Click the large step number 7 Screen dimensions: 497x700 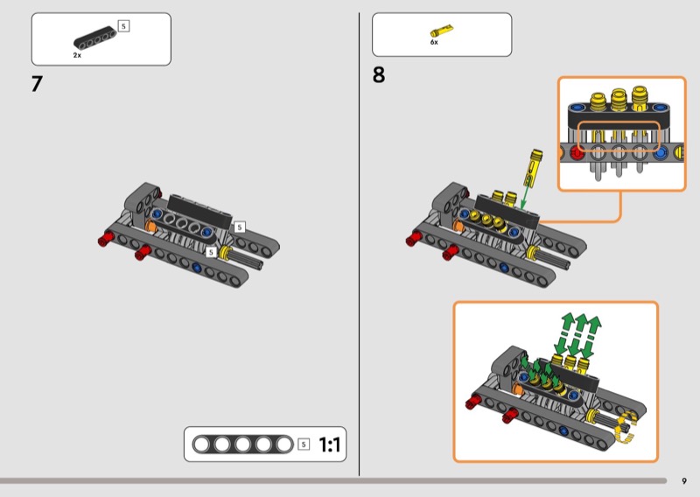pos(37,85)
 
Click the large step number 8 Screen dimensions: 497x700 pos(378,75)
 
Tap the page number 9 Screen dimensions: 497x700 pos(684,480)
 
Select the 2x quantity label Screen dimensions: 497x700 pos(77,55)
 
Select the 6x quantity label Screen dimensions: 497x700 pos(434,43)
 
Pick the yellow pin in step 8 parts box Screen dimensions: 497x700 pos(444,29)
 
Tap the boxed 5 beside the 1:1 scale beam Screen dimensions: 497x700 pos(304,444)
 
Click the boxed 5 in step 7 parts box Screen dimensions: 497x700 pos(123,26)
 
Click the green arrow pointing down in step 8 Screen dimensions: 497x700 pos(527,191)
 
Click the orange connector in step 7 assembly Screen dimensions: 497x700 pos(150,226)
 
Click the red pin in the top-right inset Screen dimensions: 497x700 pos(577,153)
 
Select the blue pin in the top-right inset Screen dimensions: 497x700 pos(659,153)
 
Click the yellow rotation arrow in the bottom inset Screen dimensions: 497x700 pos(624,430)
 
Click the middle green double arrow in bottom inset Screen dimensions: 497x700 pos(578,332)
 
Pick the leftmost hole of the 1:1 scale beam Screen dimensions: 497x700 pos(204,444)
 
